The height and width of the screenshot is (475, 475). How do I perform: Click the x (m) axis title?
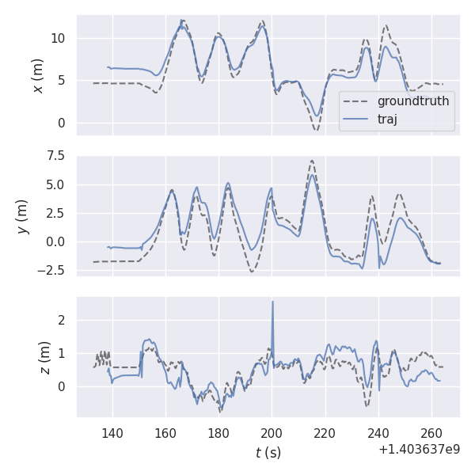tap(37, 74)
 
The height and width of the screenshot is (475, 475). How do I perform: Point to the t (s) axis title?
tap(268, 453)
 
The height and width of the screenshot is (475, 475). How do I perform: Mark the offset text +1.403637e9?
tap(420, 450)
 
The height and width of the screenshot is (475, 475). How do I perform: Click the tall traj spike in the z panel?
tap(272, 302)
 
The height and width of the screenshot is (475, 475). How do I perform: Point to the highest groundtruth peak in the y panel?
tap(312, 161)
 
